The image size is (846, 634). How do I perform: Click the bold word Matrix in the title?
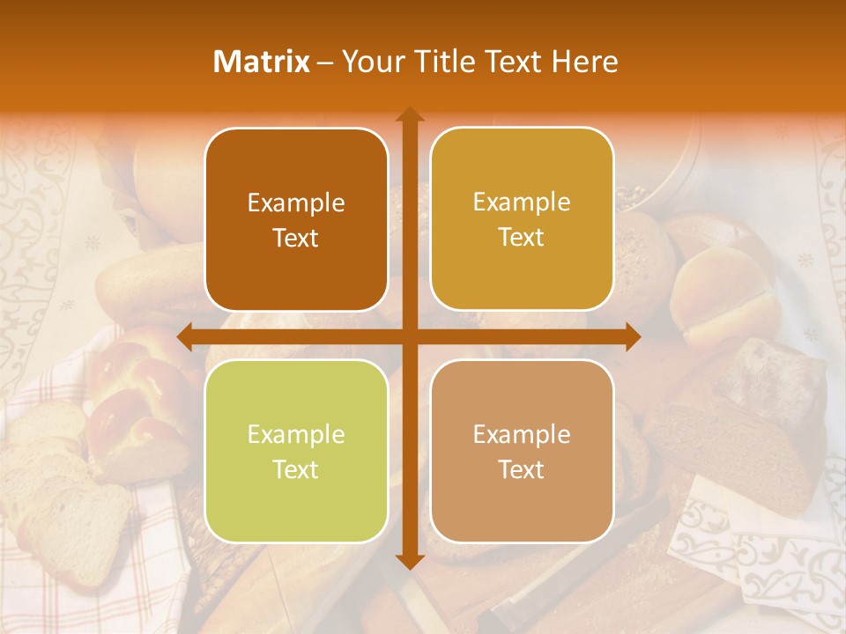tap(262, 62)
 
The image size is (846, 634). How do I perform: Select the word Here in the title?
tap(585, 62)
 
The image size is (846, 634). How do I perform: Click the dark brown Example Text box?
tap(296, 219)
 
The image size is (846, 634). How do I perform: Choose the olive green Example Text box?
tap(296, 451)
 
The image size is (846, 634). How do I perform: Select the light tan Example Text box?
tap(522, 451)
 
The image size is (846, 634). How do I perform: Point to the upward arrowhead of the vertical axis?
tap(409, 114)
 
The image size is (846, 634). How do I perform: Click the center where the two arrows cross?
tap(409, 336)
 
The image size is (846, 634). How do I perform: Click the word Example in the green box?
tap(296, 434)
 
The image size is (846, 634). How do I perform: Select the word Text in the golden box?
tap(522, 237)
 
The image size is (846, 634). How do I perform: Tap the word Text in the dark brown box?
tap(296, 238)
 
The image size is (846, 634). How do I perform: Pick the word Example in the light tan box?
tap(522, 434)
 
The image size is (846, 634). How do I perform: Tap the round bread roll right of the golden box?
tap(718, 291)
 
